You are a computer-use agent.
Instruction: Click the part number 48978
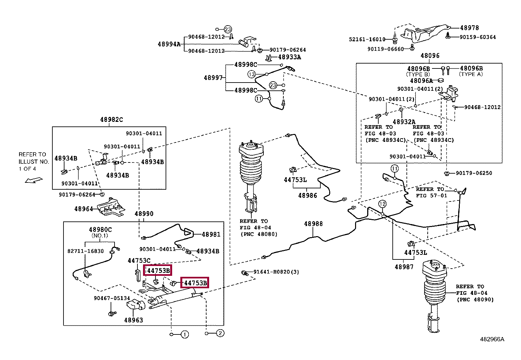(469, 28)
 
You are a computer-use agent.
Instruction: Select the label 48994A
(169, 44)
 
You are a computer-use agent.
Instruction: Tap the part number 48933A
(289, 57)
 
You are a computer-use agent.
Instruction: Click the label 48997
(213, 78)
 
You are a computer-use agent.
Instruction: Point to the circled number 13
(251, 74)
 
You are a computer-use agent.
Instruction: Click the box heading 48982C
(111, 120)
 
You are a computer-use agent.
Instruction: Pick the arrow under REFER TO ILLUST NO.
(34, 180)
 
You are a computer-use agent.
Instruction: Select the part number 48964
(83, 209)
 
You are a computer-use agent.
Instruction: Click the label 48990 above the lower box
(144, 214)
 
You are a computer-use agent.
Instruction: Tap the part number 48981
(211, 234)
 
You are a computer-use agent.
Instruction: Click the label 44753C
(139, 260)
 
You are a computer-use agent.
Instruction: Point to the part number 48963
(134, 320)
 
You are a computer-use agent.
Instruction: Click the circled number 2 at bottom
(220, 333)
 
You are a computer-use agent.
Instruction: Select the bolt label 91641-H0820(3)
(276, 272)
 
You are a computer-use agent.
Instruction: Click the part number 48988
(313, 224)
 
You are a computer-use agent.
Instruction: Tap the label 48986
(308, 196)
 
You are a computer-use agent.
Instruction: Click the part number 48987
(404, 267)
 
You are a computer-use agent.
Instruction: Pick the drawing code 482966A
(492, 339)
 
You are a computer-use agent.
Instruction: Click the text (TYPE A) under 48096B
(471, 74)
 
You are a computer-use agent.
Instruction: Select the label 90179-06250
(474, 173)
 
